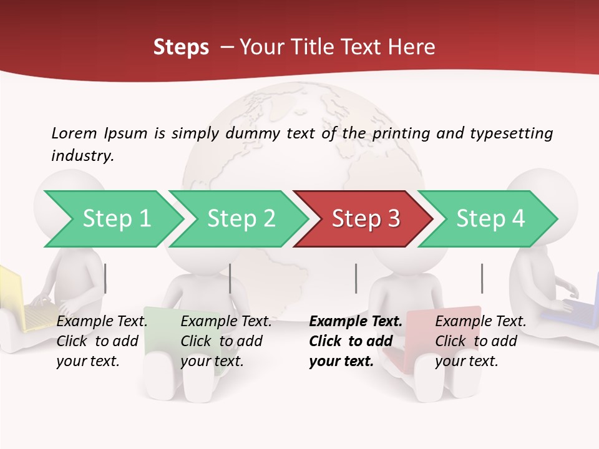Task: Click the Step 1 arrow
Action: (115, 219)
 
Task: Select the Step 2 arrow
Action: (240, 219)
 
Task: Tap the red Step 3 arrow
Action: (365, 219)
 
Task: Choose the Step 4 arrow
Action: (490, 219)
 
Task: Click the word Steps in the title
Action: (181, 47)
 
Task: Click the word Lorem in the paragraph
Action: (74, 133)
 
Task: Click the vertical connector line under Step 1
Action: (105, 278)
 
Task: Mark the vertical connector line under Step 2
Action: (230, 278)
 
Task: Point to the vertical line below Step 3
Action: (356, 278)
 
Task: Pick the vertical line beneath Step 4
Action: (482, 278)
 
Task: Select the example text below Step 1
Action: (102, 341)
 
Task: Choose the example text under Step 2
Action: (226, 341)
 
